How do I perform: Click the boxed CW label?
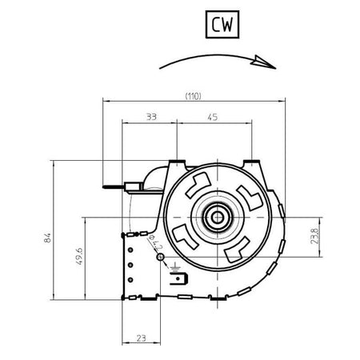coord(222,24)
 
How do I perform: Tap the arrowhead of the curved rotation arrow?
coord(264,62)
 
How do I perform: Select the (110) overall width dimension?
coord(194,96)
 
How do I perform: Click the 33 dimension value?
coord(151,117)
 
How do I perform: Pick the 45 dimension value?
coord(213,117)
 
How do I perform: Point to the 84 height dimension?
coord(47,238)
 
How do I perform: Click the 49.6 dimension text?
coord(79,256)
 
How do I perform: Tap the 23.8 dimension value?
coord(315,236)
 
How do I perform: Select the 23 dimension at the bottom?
coord(141,338)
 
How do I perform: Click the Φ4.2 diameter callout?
coord(156,242)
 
